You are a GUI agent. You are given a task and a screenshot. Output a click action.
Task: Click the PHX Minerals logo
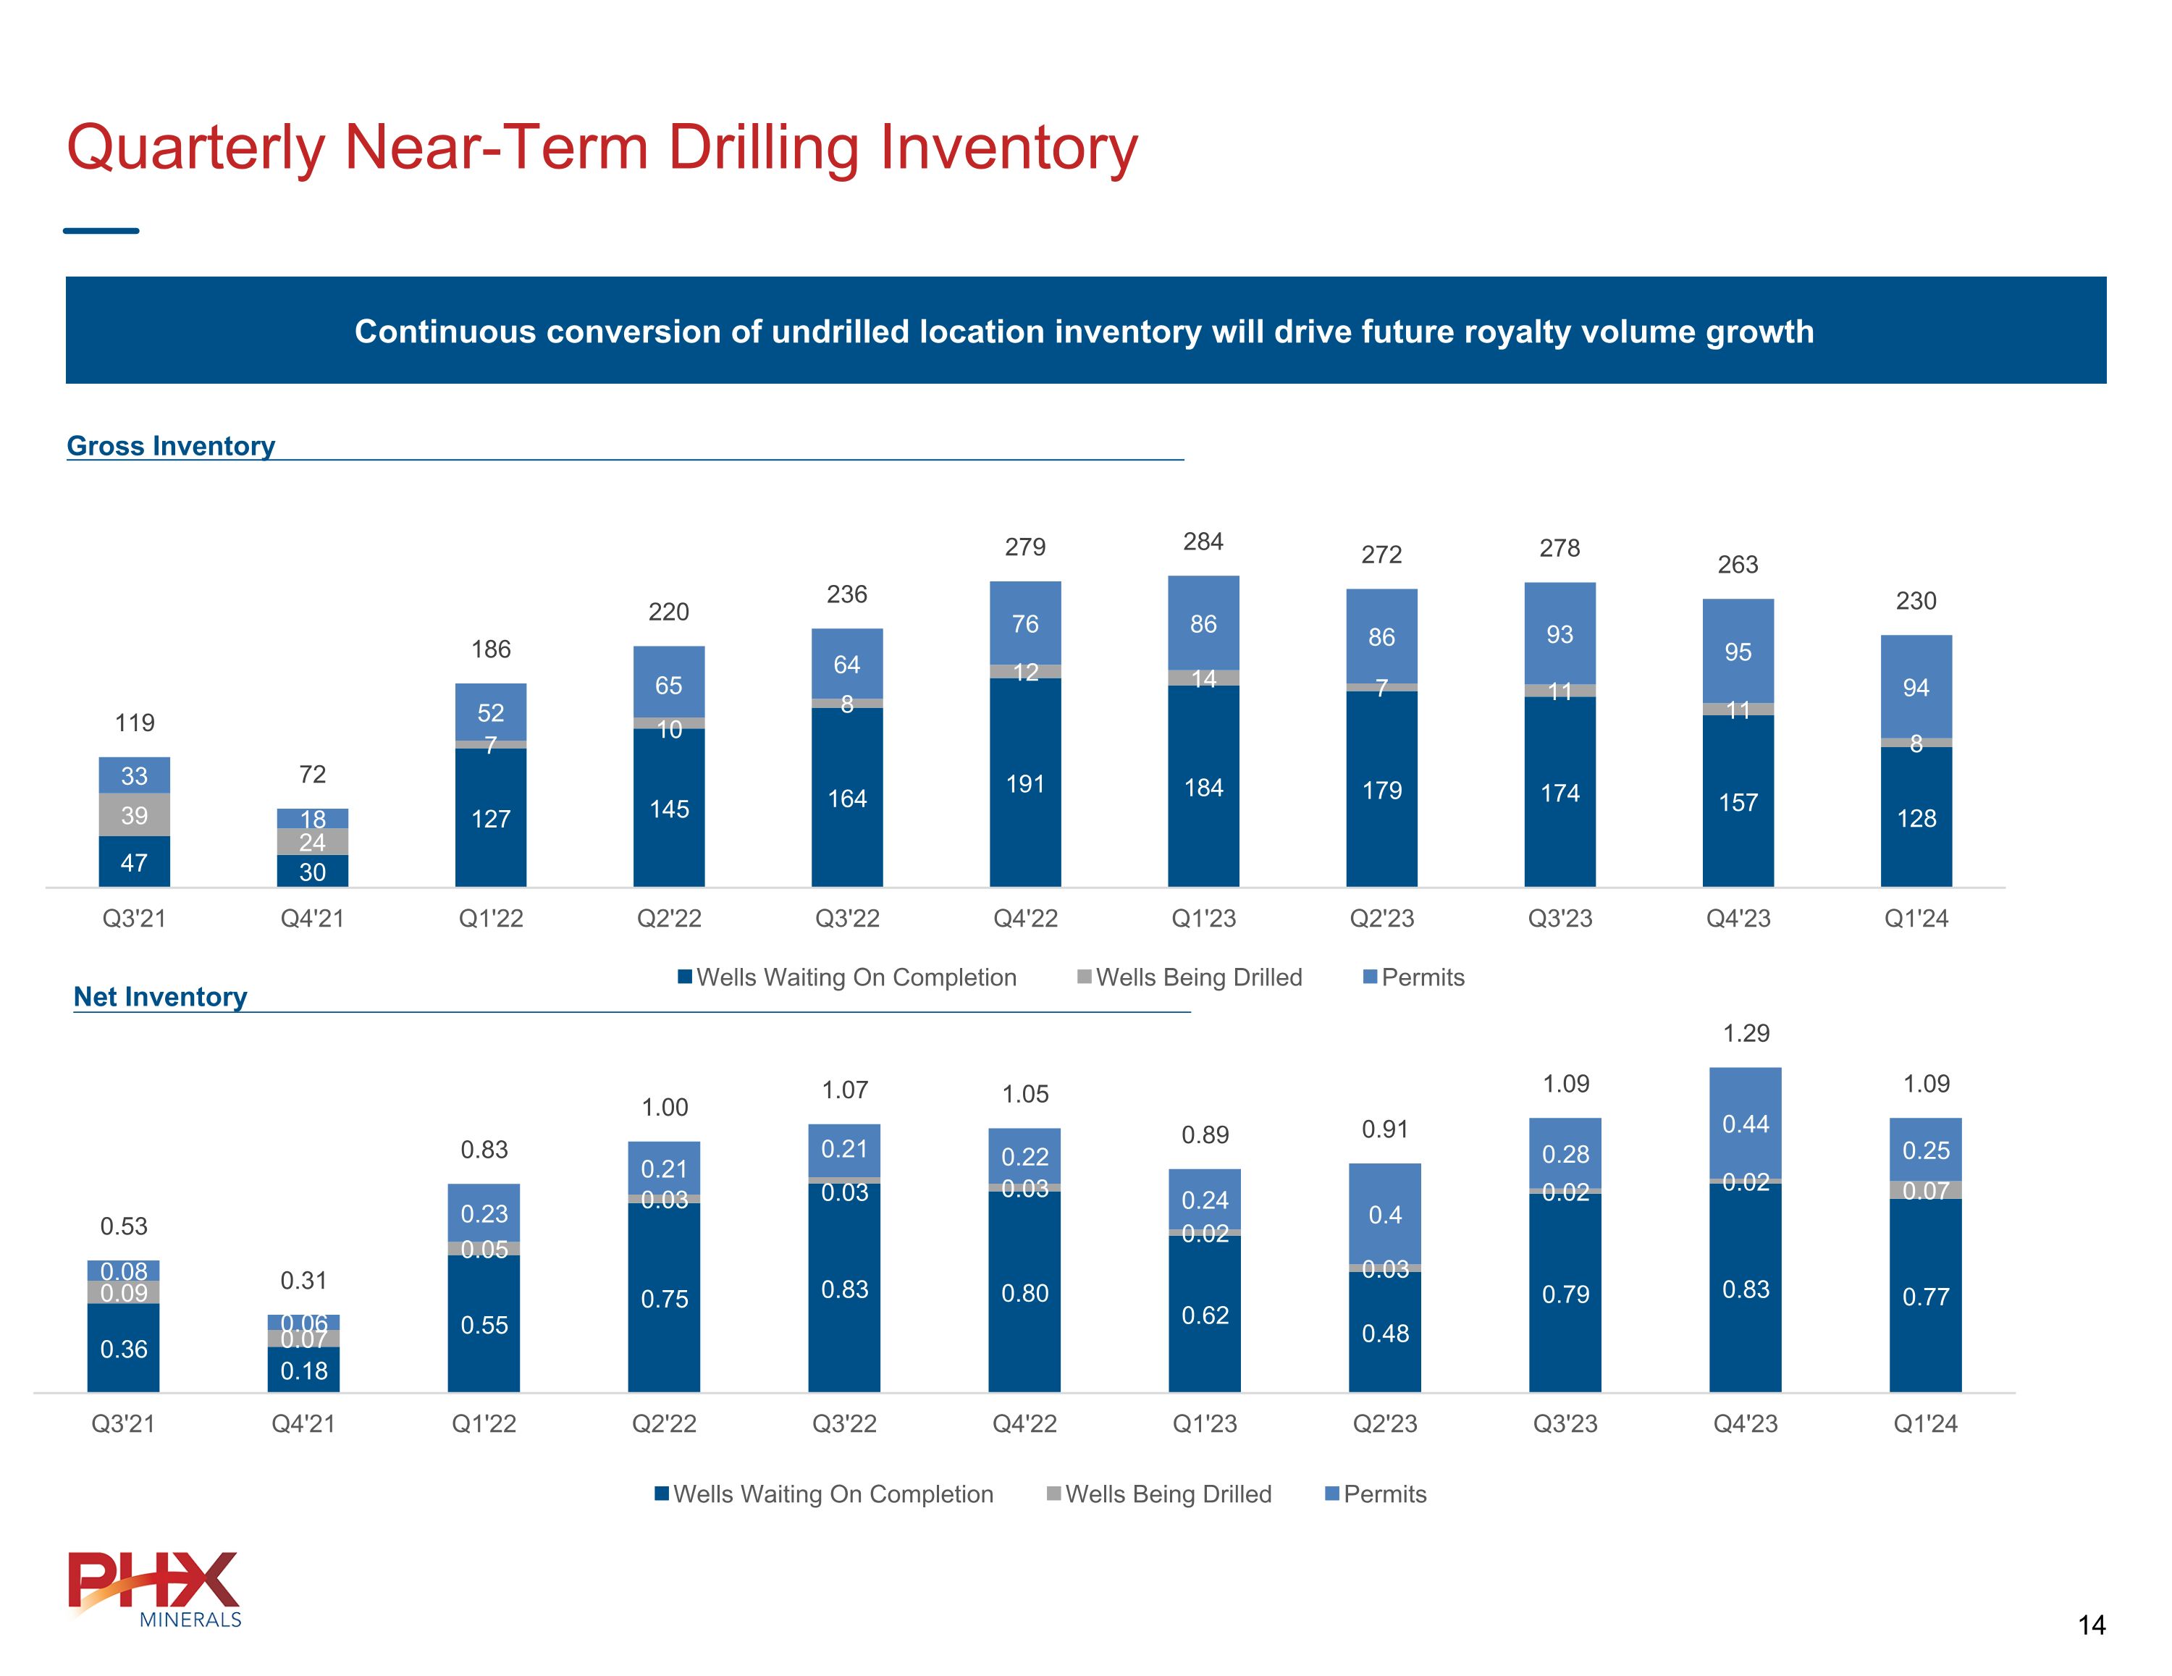coord(155,1588)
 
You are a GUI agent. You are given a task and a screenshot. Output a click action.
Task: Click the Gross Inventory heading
coord(171,446)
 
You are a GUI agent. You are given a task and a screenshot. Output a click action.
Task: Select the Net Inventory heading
coord(160,997)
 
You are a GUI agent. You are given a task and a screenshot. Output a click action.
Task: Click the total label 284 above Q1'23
coord(1203,542)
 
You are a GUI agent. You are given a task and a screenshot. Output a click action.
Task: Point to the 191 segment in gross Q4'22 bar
coord(1025,784)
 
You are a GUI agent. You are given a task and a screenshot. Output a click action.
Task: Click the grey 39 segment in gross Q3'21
coord(134,816)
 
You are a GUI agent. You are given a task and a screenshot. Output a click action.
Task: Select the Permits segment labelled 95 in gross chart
coord(1738,652)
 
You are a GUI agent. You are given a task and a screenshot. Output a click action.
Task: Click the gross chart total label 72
coord(312,774)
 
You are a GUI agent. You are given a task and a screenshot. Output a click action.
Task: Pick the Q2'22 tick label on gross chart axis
coord(669,918)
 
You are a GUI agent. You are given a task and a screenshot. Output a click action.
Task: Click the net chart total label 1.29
coord(1746,1033)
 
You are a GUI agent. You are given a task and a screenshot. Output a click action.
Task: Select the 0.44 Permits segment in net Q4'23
coord(1746,1124)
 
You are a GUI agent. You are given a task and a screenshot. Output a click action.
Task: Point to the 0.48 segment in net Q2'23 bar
coord(1385,1334)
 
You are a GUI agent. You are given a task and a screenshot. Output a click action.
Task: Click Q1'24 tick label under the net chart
coord(1925,1423)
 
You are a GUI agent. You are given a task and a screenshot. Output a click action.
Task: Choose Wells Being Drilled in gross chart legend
coord(1198,978)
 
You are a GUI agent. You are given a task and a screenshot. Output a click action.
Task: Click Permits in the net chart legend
coord(1384,1494)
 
